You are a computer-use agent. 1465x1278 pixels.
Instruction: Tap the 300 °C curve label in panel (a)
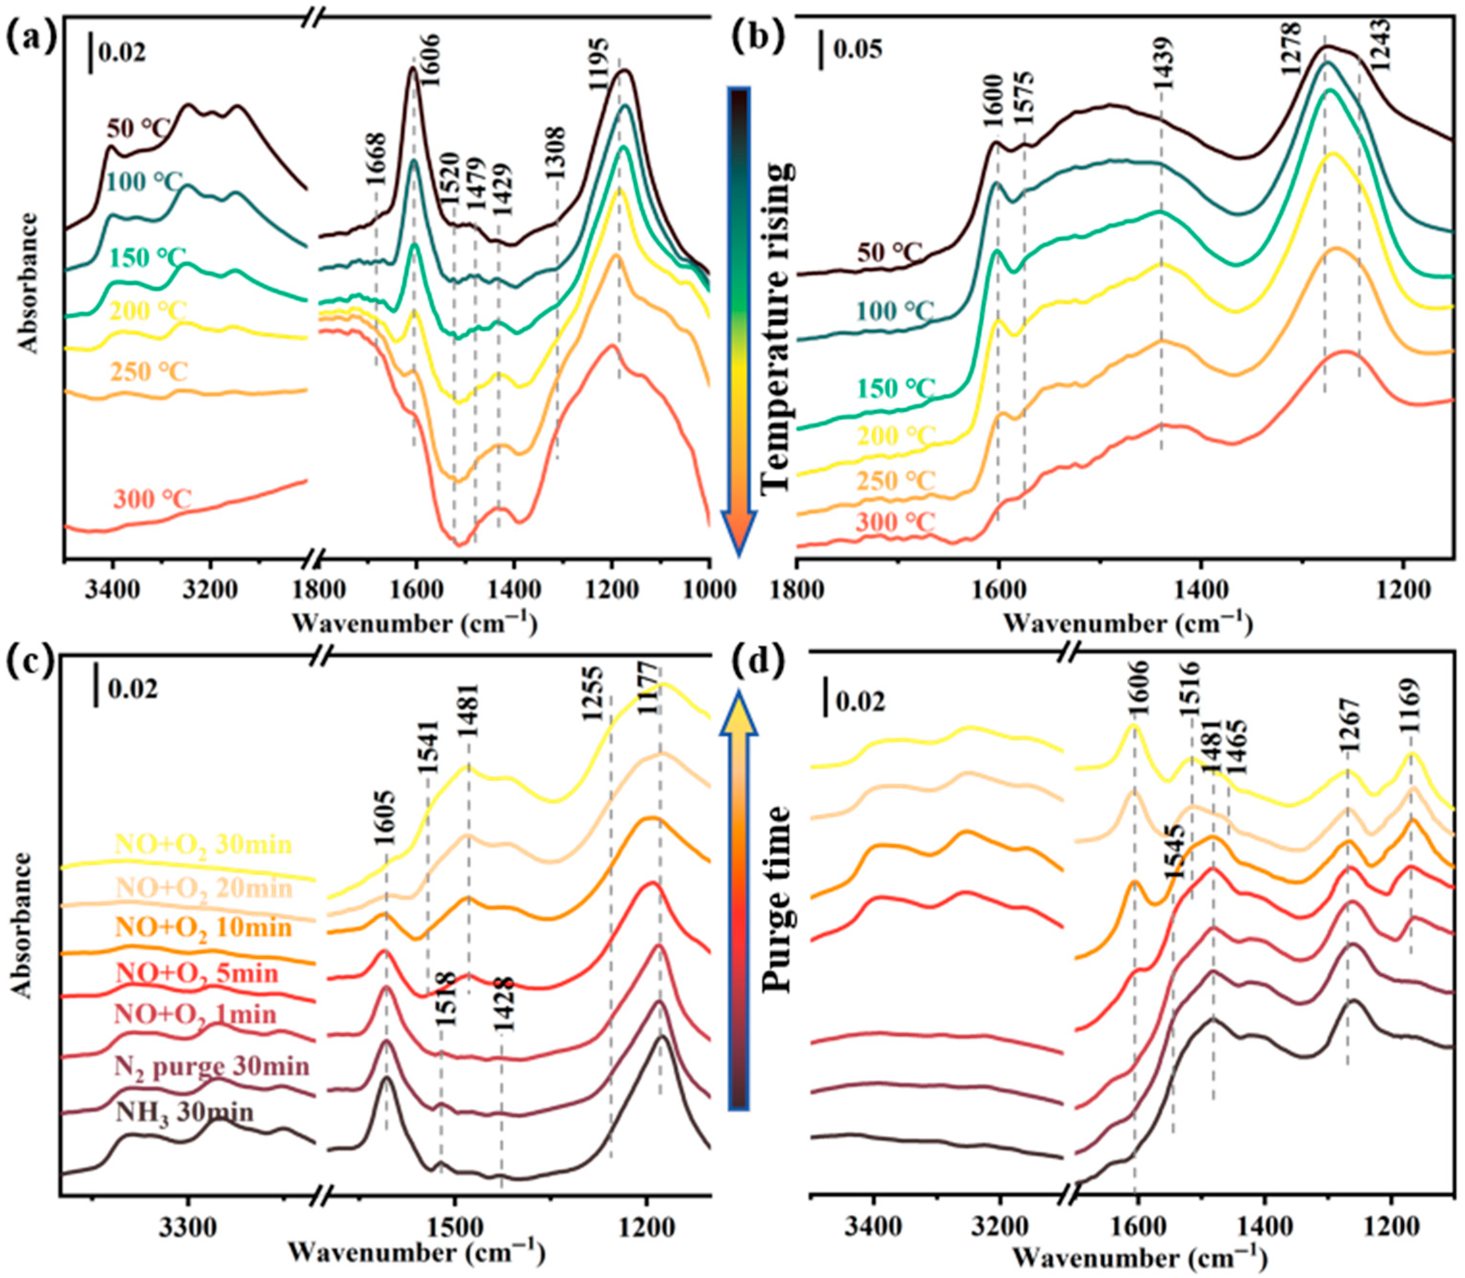coord(152,498)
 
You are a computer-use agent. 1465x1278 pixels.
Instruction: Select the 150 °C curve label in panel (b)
coord(895,389)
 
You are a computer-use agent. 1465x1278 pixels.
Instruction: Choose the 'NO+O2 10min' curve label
coord(203,927)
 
